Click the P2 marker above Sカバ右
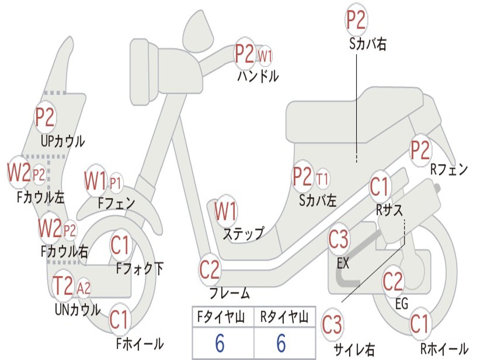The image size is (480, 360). tap(356, 20)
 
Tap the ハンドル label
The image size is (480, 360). tap(257, 76)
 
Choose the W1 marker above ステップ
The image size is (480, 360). tap(226, 212)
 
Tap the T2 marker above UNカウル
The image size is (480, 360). tap(63, 286)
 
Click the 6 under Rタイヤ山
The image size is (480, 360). tap(281, 344)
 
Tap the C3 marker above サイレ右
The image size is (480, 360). tap(332, 325)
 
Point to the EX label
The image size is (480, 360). tap(343, 263)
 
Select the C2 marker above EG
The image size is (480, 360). tap(393, 281)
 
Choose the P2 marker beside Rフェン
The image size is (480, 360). tap(420, 150)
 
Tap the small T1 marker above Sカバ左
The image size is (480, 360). tap(322, 179)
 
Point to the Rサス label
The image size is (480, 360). tap(390, 211)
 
